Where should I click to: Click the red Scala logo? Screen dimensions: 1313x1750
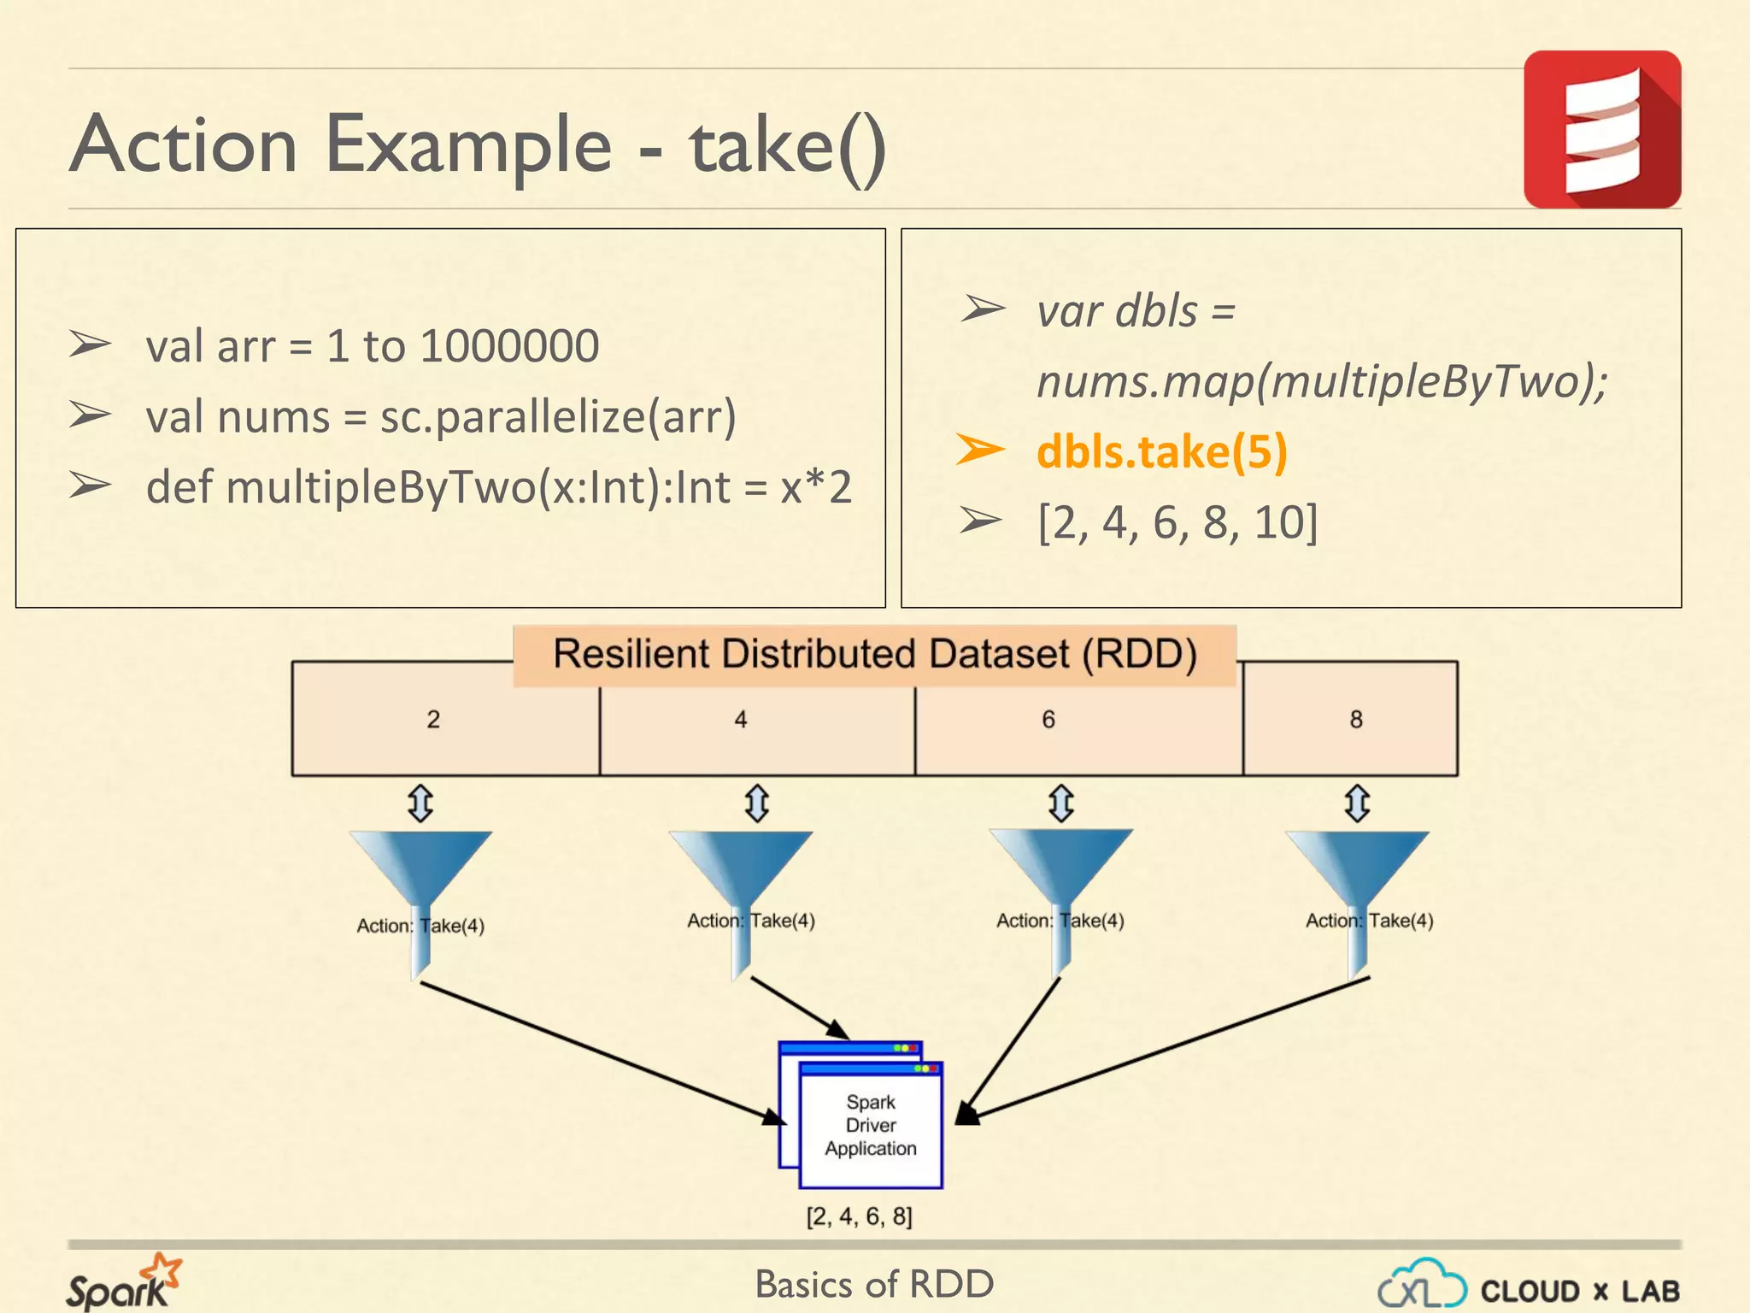(x=1601, y=129)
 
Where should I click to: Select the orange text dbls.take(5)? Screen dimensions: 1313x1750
(x=1161, y=451)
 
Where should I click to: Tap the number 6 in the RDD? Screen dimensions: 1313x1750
(x=1048, y=720)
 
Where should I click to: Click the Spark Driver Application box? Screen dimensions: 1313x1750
(x=870, y=1125)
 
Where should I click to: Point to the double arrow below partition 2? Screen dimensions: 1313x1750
(x=420, y=804)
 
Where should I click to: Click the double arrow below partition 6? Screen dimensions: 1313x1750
(x=1060, y=804)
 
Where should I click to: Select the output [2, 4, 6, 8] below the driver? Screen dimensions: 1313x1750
(x=859, y=1216)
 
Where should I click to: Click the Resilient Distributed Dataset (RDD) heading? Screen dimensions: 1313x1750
(x=874, y=655)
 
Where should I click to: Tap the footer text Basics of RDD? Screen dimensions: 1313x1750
(x=874, y=1284)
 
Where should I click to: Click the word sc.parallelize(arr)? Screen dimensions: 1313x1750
(x=558, y=417)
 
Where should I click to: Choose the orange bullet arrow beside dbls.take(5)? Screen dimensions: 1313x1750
(x=979, y=450)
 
